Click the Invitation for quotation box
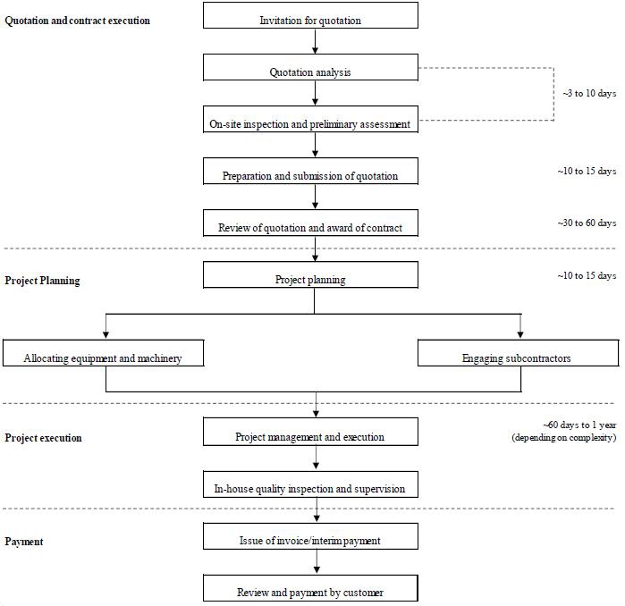click(x=310, y=15)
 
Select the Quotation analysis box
click(x=310, y=67)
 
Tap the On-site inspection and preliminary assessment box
click(x=310, y=119)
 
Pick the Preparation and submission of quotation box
click(x=310, y=171)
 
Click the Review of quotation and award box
click(x=310, y=223)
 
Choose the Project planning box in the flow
click(x=310, y=274)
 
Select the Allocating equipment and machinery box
click(x=103, y=352)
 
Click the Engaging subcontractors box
click(x=519, y=352)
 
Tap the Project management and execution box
click(x=310, y=432)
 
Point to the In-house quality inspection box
click(x=310, y=484)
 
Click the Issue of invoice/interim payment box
click(x=310, y=536)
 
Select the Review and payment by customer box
click(x=310, y=588)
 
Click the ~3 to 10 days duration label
click(x=589, y=93)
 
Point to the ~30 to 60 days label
click(x=587, y=223)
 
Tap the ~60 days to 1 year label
click(x=580, y=425)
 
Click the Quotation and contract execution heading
click(x=77, y=21)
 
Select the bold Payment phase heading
click(x=24, y=542)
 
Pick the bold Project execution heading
click(x=43, y=438)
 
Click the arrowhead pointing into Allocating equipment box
click(x=106, y=334)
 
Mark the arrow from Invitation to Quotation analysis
click(x=315, y=41)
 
